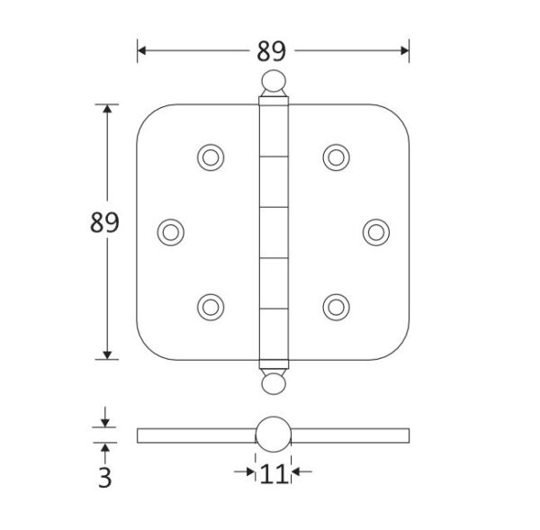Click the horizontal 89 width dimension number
(x=272, y=51)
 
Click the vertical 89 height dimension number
(x=104, y=222)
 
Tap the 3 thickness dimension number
(x=105, y=478)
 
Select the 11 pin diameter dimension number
(x=274, y=474)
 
